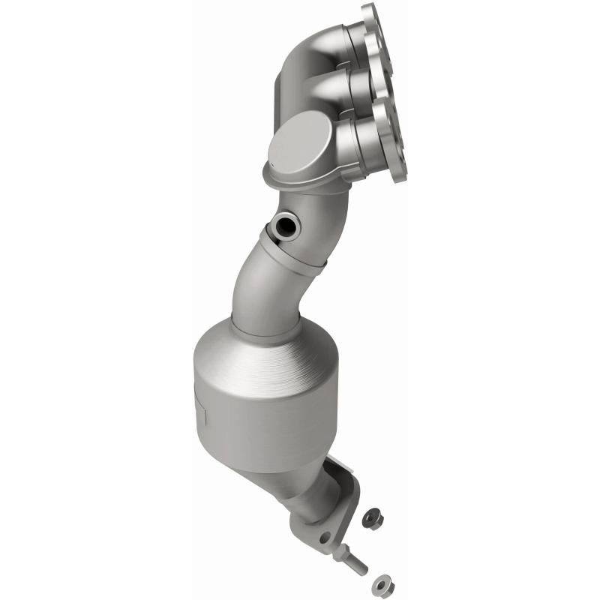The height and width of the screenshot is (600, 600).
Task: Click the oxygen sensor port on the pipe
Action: [x=285, y=224]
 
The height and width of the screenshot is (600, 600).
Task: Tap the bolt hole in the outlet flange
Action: [x=325, y=538]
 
